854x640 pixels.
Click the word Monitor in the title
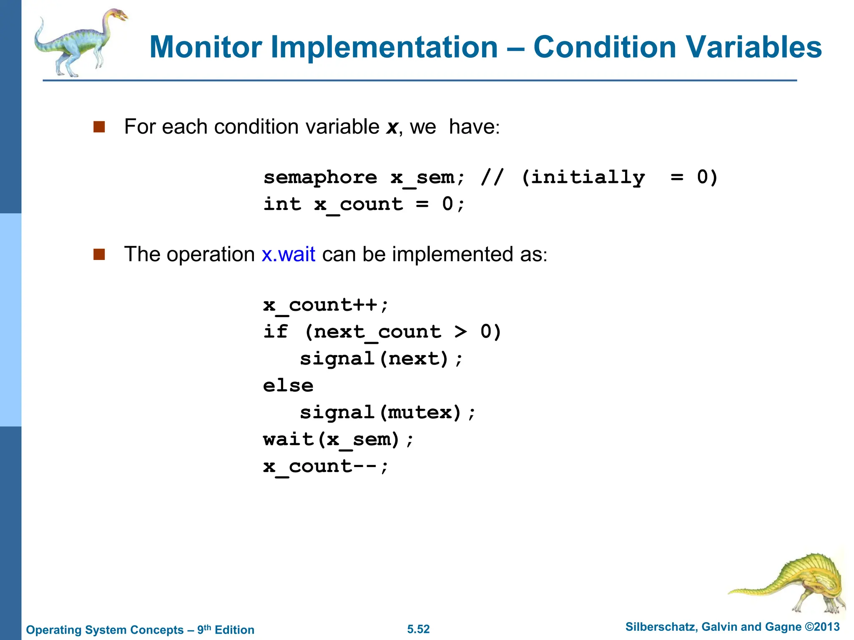click(206, 47)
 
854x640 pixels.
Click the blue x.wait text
click(289, 254)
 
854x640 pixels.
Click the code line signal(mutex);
click(387, 412)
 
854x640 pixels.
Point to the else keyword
click(288, 385)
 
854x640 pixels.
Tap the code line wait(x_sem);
click(338, 440)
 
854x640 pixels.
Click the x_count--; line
click(326, 466)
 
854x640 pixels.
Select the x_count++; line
click(326, 305)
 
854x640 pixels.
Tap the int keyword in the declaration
click(282, 204)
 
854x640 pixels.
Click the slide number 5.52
click(418, 629)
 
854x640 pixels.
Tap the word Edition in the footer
click(234, 630)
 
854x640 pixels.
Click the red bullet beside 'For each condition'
click(99, 127)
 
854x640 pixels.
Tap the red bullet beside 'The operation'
click(99, 254)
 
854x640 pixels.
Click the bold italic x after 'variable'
click(392, 127)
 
